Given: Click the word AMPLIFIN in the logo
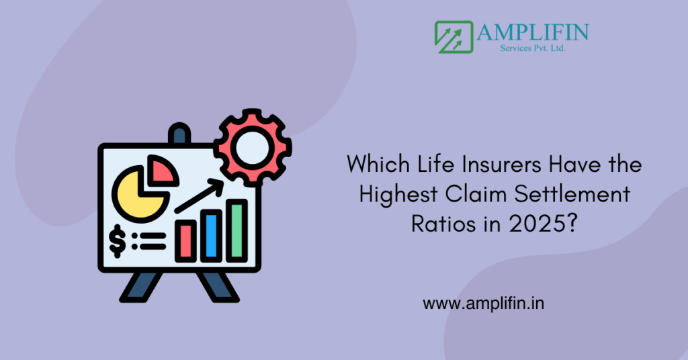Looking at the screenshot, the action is click(533, 32).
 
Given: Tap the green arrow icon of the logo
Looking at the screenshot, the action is click(454, 37).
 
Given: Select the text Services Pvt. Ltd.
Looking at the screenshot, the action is click(533, 48).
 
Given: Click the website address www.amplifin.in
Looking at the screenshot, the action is click(484, 304).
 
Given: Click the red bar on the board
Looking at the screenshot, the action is click(185, 241).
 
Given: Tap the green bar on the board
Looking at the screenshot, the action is click(237, 230).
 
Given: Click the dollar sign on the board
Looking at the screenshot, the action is click(117, 240).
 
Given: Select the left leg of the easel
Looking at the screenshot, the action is click(140, 287).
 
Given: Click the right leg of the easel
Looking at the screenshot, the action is click(218, 287).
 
